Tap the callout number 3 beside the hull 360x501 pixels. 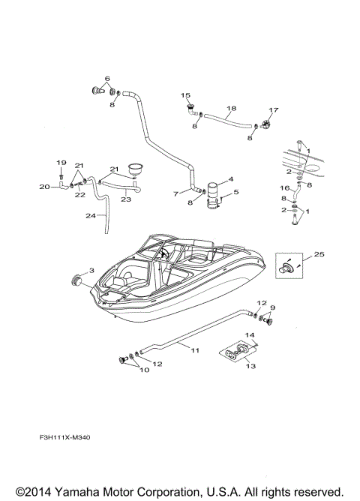click(x=91, y=271)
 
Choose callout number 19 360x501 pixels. click(x=62, y=162)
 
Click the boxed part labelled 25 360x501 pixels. click(x=287, y=266)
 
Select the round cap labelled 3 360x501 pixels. click(x=76, y=280)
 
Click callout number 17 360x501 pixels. click(x=273, y=110)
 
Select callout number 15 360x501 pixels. click(x=185, y=96)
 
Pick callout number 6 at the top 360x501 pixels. click(x=106, y=79)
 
